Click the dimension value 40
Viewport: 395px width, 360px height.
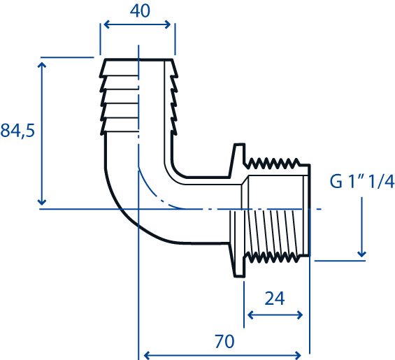coord(140,11)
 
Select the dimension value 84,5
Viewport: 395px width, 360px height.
coord(17,131)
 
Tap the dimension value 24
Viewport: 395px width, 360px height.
coord(275,298)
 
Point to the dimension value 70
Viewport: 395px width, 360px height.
coord(224,341)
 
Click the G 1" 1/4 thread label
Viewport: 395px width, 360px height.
coord(361,182)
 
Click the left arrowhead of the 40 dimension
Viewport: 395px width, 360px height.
coord(106,24)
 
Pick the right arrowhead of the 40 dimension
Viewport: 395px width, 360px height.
coord(168,24)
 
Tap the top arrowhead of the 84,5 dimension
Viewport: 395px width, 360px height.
coord(41,65)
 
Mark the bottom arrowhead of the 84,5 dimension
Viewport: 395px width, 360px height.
coord(41,202)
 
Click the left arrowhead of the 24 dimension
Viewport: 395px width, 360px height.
coord(251,315)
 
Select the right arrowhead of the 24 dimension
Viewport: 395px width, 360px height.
coord(300,315)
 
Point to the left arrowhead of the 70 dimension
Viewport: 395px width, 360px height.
coord(147,355)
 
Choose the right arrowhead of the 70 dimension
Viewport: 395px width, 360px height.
coord(298,355)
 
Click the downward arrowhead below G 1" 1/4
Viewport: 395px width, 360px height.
coord(361,254)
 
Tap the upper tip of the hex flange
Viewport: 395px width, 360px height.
coord(239,145)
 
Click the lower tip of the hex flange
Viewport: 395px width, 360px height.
coord(239,276)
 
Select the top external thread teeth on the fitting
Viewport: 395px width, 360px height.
coord(273,163)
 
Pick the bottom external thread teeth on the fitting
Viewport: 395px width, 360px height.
coord(273,257)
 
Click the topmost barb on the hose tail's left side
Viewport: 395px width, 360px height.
coord(103,67)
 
